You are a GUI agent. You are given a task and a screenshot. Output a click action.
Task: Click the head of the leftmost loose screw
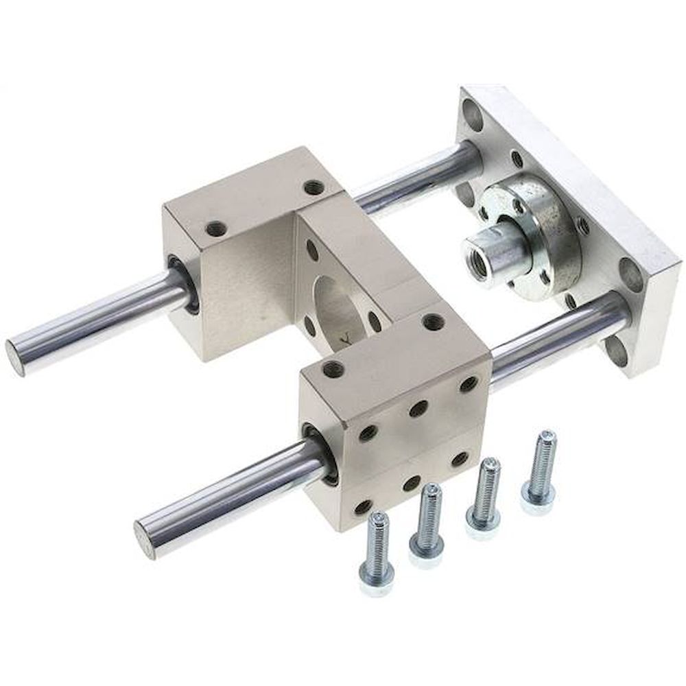tap(377, 582)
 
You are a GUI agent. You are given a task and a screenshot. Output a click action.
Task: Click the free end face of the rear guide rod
tap(16, 357)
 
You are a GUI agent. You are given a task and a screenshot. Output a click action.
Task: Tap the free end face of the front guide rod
tap(145, 540)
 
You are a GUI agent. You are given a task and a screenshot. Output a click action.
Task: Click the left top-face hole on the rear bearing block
tap(216, 228)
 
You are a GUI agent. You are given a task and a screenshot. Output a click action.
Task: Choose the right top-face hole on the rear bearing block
tap(314, 187)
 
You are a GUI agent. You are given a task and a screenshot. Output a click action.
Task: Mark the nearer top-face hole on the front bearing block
tap(333, 369)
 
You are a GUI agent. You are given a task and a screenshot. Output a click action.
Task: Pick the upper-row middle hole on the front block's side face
tap(418, 408)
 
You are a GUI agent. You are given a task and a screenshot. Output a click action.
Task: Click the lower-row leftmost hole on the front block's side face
tap(364, 507)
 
